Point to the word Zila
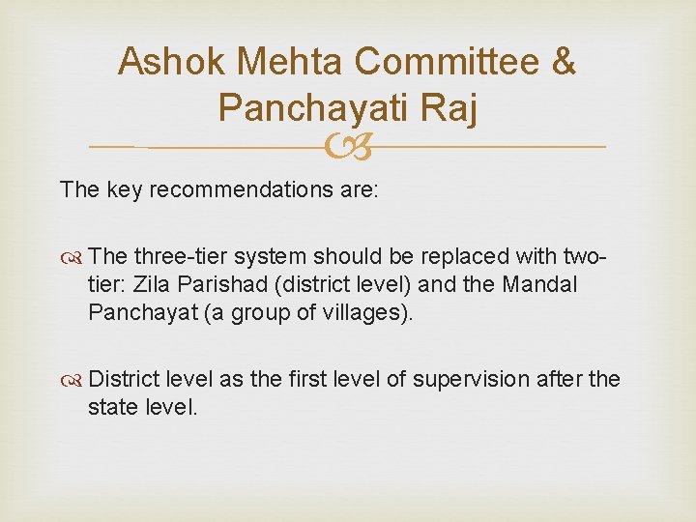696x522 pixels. tap(154, 286)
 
